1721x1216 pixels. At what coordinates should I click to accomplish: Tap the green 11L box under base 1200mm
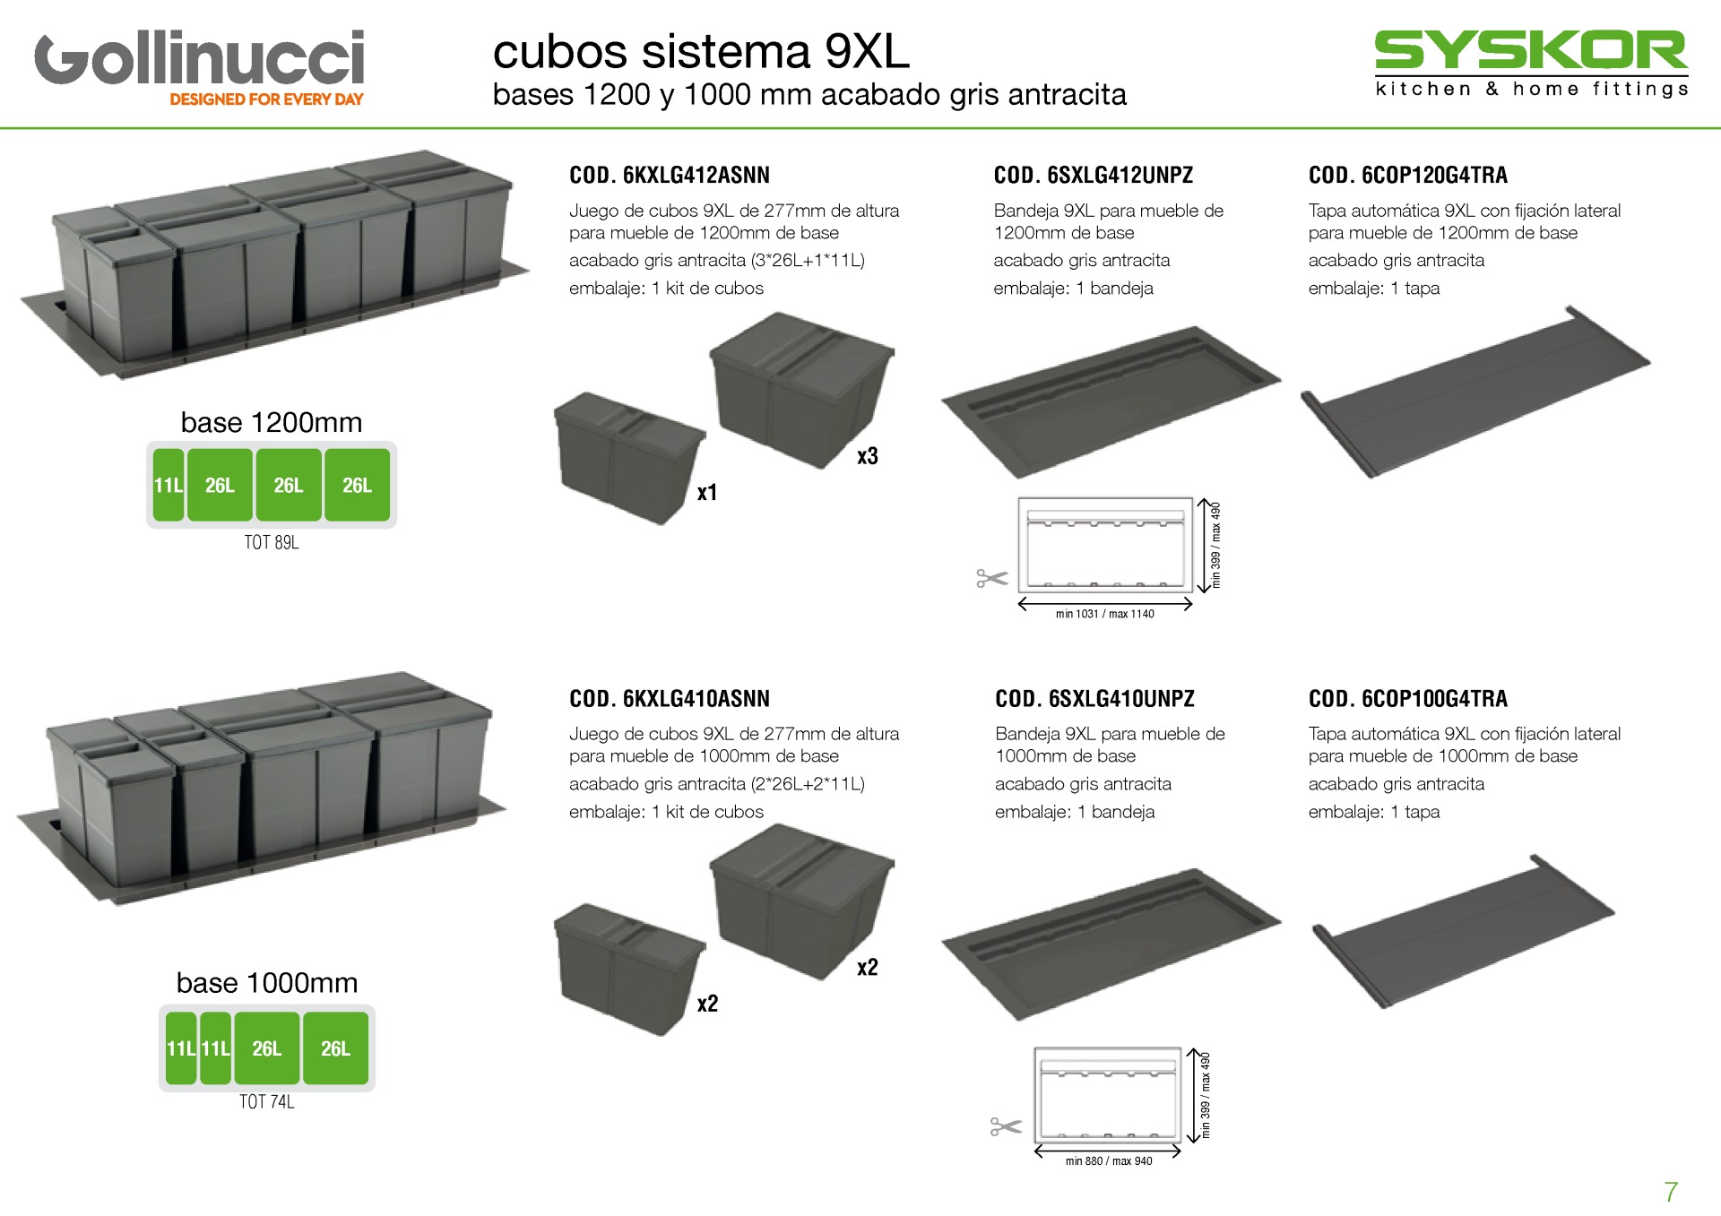pos(168,485)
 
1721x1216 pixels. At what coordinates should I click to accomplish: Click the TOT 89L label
pos(272,542)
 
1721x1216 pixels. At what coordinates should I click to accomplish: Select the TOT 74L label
pos(266,1101)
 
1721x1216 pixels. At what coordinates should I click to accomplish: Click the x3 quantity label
pos(867,456)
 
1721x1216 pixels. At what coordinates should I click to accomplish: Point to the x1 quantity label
pos(707,492)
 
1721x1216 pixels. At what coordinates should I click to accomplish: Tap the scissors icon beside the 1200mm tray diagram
pos(992,579)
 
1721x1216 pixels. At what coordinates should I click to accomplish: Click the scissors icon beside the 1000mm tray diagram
pos(1006,1126)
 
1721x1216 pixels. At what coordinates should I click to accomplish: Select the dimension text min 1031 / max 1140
pos(1104,614)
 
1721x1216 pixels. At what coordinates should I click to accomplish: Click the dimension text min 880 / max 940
pos(1109,1160)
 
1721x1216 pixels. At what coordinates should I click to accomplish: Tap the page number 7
pos(1671,1192)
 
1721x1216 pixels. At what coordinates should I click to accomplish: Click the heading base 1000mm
pos(267,983)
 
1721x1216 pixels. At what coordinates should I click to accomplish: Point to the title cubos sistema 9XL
pos(701,51)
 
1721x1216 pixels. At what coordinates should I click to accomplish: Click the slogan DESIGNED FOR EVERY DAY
pos(266,99)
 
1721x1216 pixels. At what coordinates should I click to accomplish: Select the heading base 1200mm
pos(272,422)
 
